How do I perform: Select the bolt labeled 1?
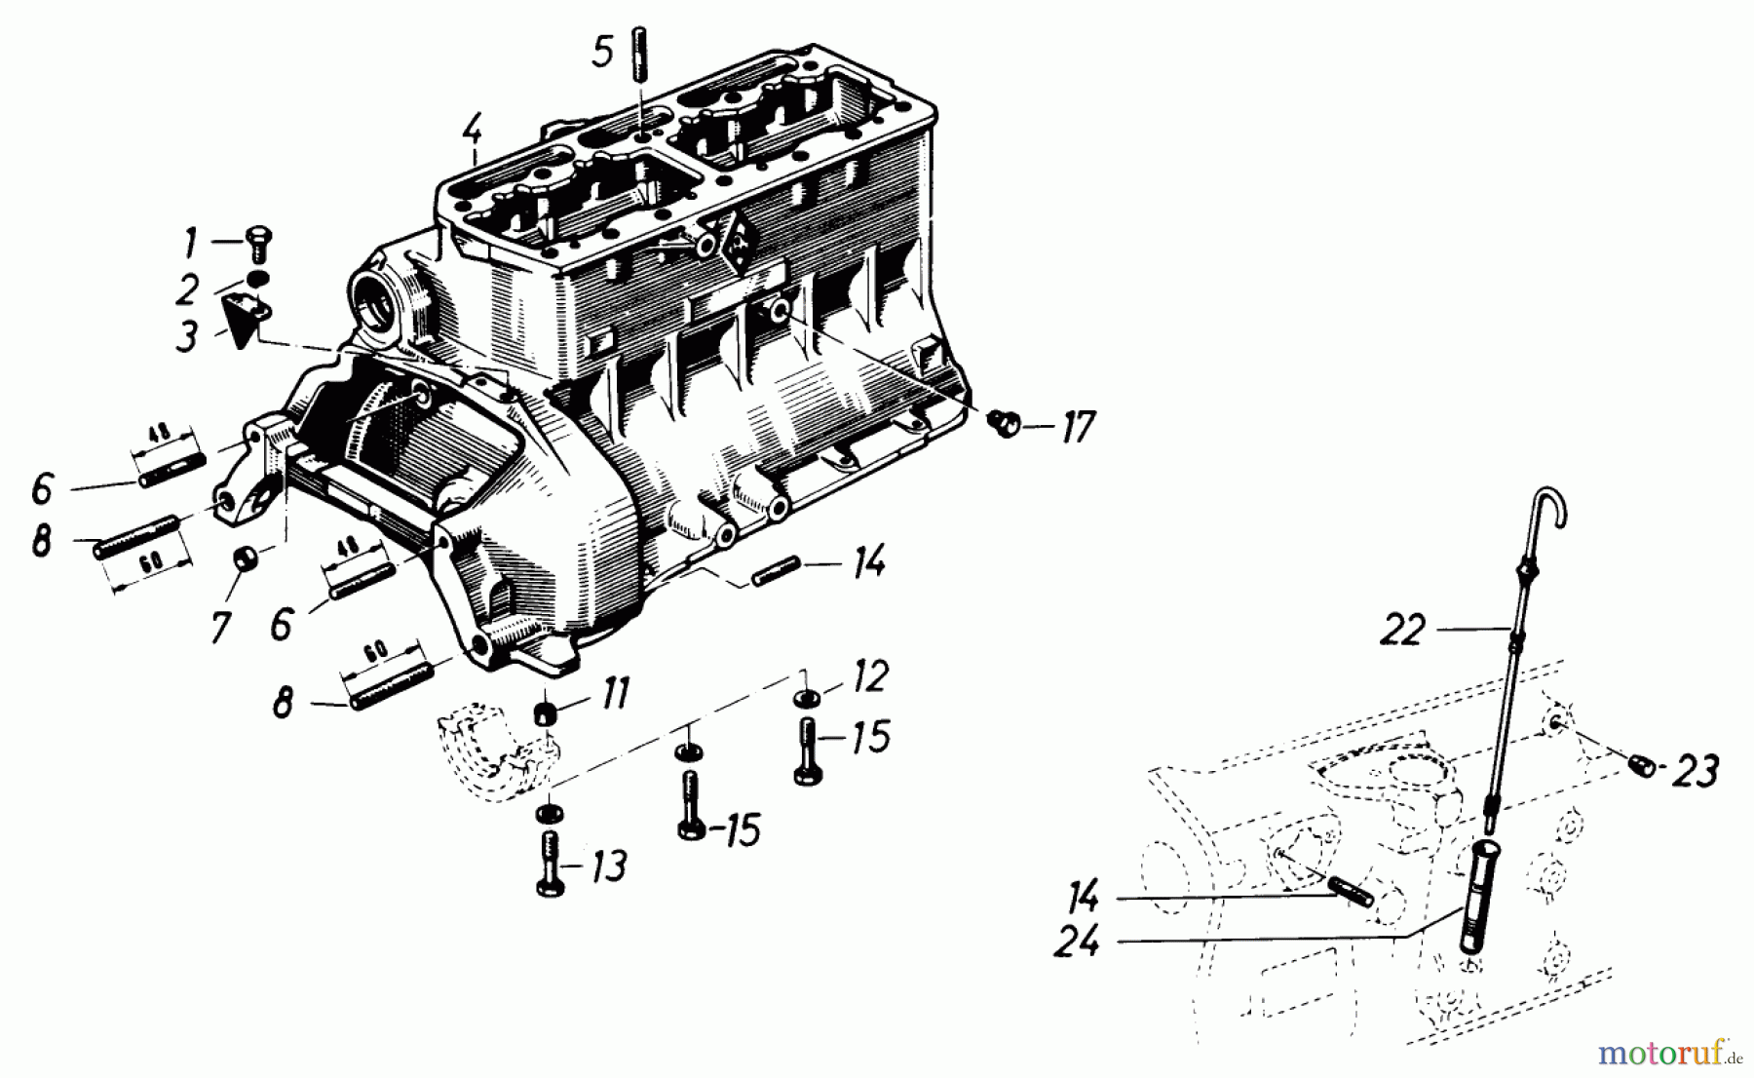260,239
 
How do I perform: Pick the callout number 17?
1077,427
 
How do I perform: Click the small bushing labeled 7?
247,560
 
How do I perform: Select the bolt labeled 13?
548,863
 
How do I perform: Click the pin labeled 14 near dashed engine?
1351,891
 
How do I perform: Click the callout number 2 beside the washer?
187,289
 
